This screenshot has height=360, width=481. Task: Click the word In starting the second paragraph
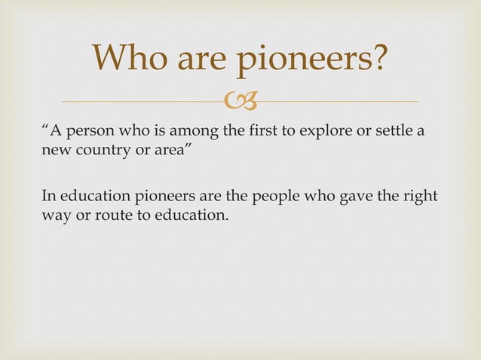pos(47,198)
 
